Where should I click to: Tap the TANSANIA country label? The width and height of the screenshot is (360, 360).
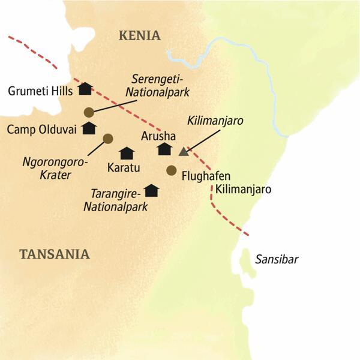point(55,254)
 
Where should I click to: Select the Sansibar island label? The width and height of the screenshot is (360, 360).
point(277,259)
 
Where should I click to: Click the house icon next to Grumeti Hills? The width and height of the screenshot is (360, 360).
point(85,89)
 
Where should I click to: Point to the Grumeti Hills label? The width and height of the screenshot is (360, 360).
point(40,91)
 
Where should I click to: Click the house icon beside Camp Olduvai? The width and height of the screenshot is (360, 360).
point(89,128)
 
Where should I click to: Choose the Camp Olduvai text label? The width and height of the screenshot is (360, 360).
point(41,130)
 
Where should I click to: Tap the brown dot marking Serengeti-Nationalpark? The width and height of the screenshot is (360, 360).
point(89,112)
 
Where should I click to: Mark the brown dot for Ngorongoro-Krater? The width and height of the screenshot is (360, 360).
point(108,139)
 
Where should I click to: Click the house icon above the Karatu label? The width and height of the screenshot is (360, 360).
point(126,153)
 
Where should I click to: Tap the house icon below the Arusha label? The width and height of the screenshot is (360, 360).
point(164,149)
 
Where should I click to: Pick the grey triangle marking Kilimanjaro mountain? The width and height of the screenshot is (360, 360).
point(184,151)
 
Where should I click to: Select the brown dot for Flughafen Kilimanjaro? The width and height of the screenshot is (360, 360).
point(171,169)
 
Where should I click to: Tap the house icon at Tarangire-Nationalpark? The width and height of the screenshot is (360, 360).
point(151,190)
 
